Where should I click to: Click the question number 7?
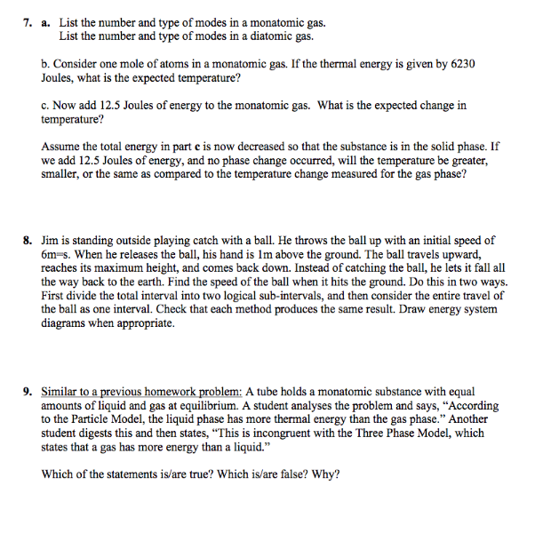[28, 20]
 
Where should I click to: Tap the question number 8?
[28, 241]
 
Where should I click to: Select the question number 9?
[28, 392]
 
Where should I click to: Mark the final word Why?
[325, 474]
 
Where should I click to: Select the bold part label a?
[45, 20]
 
